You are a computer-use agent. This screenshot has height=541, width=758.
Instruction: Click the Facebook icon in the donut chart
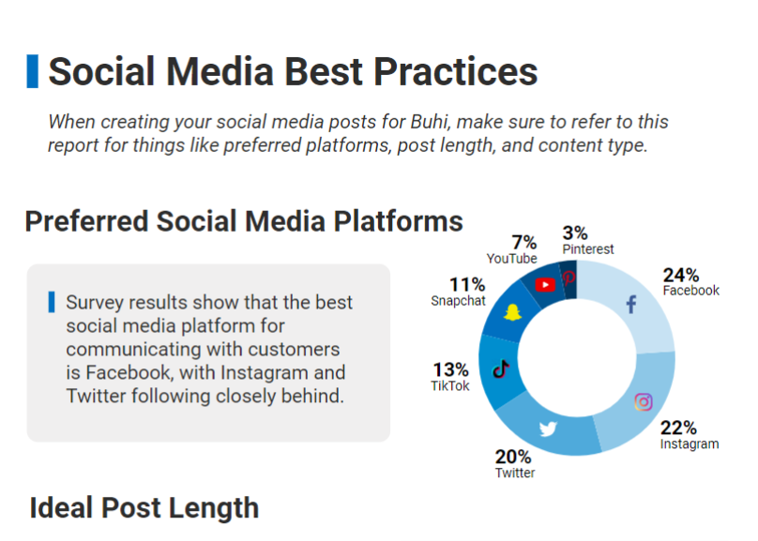[631, 305]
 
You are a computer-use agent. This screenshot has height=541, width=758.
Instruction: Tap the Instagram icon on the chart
[644, 402]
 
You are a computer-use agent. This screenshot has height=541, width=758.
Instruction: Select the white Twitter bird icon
[548, 428]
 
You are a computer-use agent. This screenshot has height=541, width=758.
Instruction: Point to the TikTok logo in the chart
[501, 369]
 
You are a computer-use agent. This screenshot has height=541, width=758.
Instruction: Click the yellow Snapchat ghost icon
[512, 312]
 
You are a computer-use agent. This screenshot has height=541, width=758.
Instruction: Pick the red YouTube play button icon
[545, 285]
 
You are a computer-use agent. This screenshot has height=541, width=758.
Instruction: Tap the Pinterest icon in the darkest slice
[569, 278]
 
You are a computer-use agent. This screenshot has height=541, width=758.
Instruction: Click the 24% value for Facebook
[681, 275]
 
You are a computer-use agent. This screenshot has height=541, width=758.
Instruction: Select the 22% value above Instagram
[678, 428]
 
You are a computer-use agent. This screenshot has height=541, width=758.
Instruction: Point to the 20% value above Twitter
[513, 457]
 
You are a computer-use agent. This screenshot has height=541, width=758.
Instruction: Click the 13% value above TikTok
[450, 369]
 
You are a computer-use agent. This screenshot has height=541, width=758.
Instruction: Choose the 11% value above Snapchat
[467, 284]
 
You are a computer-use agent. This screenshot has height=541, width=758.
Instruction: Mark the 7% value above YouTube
[524, 242]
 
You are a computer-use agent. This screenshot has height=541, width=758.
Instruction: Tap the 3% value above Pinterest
[575, 233]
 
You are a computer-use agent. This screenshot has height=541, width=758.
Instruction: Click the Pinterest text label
[588, 249]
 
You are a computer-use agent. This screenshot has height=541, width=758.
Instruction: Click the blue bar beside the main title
[33, 71]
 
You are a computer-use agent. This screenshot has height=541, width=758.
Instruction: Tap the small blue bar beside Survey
[52, 302]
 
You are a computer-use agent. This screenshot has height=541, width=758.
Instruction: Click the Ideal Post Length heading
[144, 508]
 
